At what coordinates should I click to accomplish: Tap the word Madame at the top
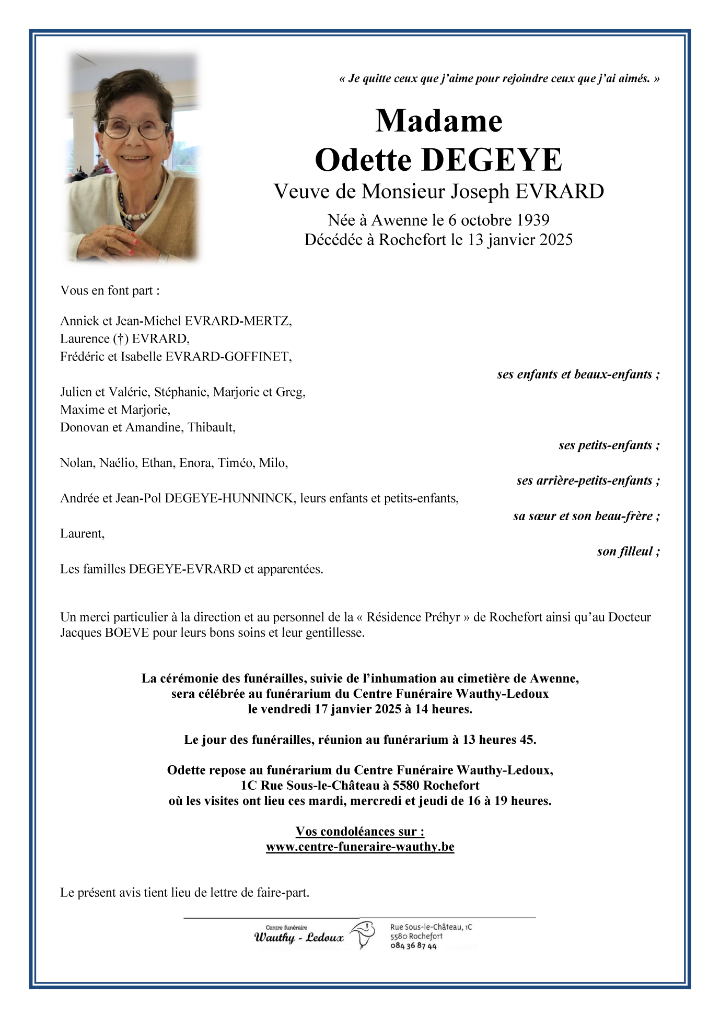click(x=439, y=121)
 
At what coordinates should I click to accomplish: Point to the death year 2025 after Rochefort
click(x=556, y=240)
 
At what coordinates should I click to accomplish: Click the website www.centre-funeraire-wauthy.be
click(x=360, y=847)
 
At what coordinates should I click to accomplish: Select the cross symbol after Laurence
click(x=120, y=339)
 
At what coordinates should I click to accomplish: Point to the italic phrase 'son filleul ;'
click(x=629, y=552)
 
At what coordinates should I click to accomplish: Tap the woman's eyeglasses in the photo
click(x=134, y=127)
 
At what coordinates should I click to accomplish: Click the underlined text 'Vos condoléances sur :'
click(x=360, y=832)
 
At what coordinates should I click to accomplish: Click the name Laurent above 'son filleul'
click(x=82, y=534)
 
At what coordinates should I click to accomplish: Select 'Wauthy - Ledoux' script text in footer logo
click(x=299, y=938)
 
